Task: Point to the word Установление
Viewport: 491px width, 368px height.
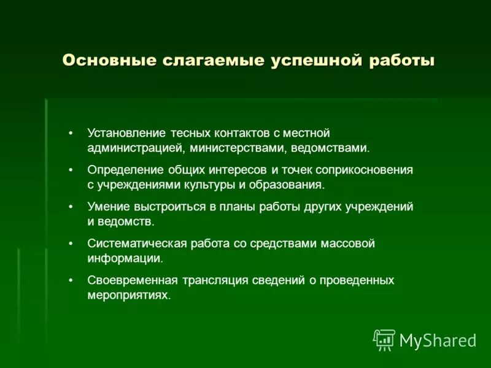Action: pos(125,133)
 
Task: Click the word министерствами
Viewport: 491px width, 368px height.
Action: pos(234,148)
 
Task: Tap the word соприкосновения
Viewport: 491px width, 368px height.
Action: pos(366,170)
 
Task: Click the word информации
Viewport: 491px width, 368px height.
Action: pos(125,258)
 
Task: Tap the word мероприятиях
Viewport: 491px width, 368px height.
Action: pos(127,295)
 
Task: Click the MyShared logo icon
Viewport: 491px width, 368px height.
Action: pos(384,339)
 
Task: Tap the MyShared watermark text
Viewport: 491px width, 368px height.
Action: pos(438,340)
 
